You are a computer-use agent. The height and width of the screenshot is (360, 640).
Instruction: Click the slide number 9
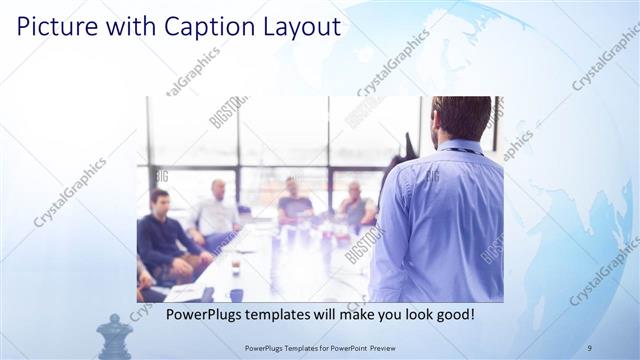pos(588,347)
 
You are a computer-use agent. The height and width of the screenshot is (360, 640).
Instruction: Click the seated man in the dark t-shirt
pos(294,203)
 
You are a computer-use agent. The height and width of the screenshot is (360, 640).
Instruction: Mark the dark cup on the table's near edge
pos(236,294)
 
